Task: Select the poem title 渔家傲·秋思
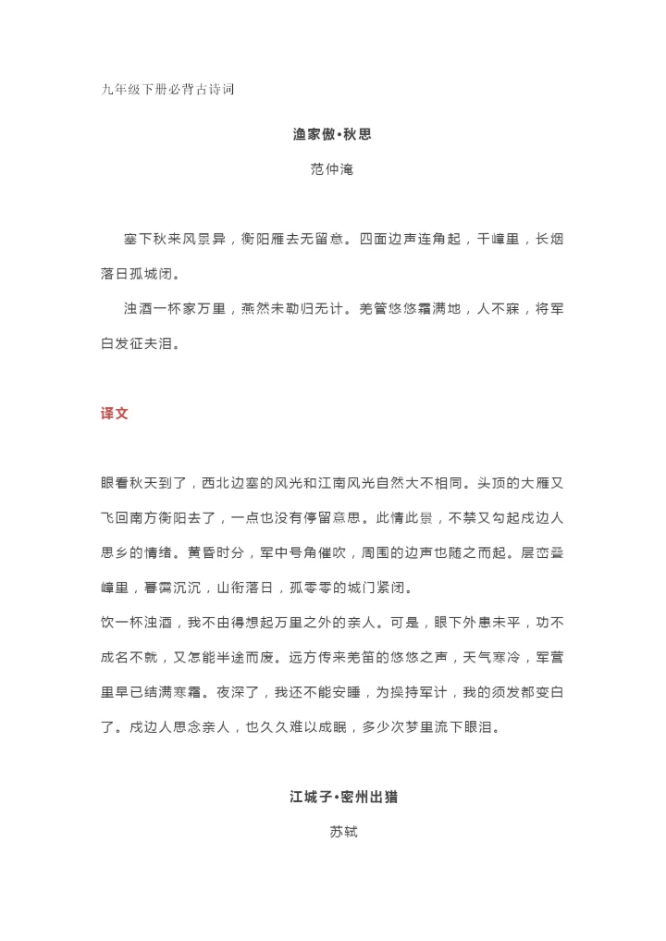pos(332,134)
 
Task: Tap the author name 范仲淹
pos(332,170)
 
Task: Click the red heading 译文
pos(114,414)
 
